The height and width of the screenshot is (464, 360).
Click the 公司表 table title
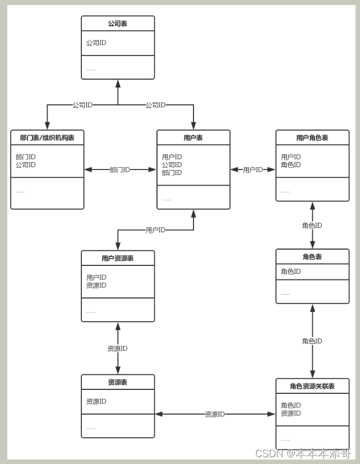[x=118, y=24]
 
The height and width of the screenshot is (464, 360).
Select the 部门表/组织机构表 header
[x=47, y=138]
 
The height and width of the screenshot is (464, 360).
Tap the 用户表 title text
[x=193, y=138]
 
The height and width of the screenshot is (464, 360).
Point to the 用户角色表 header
[x=312, y=138]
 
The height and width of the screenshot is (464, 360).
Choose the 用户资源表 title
[x=118, y=259]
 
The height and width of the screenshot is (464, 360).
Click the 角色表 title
[x=312, y=257]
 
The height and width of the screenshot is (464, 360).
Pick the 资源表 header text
[x=118, y=383]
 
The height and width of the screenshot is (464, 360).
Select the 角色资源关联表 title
[x=312, y=386]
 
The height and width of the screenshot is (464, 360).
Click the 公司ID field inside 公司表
[x=96, y=43]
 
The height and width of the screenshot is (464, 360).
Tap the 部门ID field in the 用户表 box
[x=172, y=173]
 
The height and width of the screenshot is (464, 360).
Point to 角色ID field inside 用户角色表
[x=291, y=165]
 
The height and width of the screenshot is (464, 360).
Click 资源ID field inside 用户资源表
[x=96, y=286]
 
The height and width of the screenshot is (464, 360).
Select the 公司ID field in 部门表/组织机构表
[x=26, y=165]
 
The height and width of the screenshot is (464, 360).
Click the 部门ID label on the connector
[x=120, y=169]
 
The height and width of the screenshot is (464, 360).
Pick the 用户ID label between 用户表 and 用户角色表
[x=253, y=169]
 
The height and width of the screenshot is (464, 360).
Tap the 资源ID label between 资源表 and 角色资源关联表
[x=215, y=414]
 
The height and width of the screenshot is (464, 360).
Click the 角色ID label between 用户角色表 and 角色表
[x=312, y=226]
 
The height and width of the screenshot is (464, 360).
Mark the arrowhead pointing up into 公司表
[x=118, y=84]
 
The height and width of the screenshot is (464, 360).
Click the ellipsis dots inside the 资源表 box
[x=90, y=428]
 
